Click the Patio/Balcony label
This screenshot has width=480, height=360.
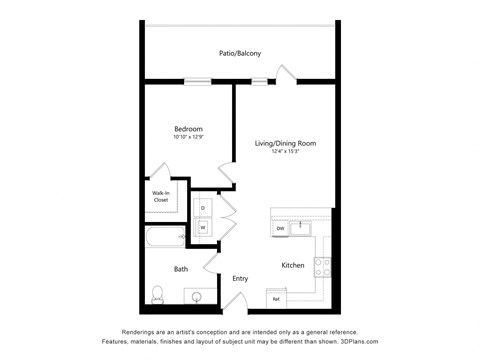240,53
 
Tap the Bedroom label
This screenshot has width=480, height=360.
188,129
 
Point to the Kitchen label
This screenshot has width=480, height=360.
293,265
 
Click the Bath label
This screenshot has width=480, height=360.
181,268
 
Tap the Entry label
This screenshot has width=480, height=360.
240,278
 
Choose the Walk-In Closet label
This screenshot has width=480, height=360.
160,196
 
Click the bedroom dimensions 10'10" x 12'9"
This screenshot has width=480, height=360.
188,138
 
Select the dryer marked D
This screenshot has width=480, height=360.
203,208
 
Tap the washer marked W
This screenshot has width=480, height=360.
203,227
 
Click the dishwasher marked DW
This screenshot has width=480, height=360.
281,229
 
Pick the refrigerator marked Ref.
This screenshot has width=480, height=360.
276,298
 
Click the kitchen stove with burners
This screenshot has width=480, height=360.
323,266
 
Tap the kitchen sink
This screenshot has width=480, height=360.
301,224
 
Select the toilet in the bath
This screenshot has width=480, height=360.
158,293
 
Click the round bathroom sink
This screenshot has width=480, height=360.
196,297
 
